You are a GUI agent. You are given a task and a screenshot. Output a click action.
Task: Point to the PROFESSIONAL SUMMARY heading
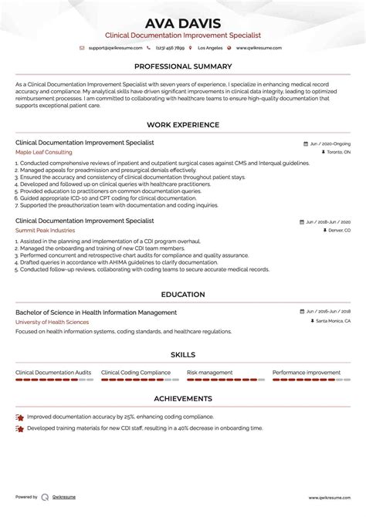[x=183, y=66]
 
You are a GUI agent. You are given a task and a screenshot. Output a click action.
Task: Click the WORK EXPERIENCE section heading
[x=183, y=124]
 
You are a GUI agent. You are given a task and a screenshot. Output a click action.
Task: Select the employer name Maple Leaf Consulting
[x=42, y=153]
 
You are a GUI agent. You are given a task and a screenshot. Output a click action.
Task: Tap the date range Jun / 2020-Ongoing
[x=330, y=144]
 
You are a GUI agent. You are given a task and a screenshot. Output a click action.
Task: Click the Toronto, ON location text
[x=335, y=153]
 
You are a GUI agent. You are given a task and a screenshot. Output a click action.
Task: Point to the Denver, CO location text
[x=337, y=230]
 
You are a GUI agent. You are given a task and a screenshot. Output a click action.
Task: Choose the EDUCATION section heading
[x=183, y=294]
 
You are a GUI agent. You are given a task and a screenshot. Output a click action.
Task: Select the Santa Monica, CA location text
[x=332, y=322]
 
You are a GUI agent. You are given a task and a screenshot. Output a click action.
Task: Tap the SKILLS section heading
[x=183, y=355]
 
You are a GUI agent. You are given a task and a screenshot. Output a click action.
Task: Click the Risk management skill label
[x=209, y=373]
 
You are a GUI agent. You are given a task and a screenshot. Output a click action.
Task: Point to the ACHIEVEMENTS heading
[x=183, y=399]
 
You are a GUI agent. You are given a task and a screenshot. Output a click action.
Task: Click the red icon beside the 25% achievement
[x=19, y=417]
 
